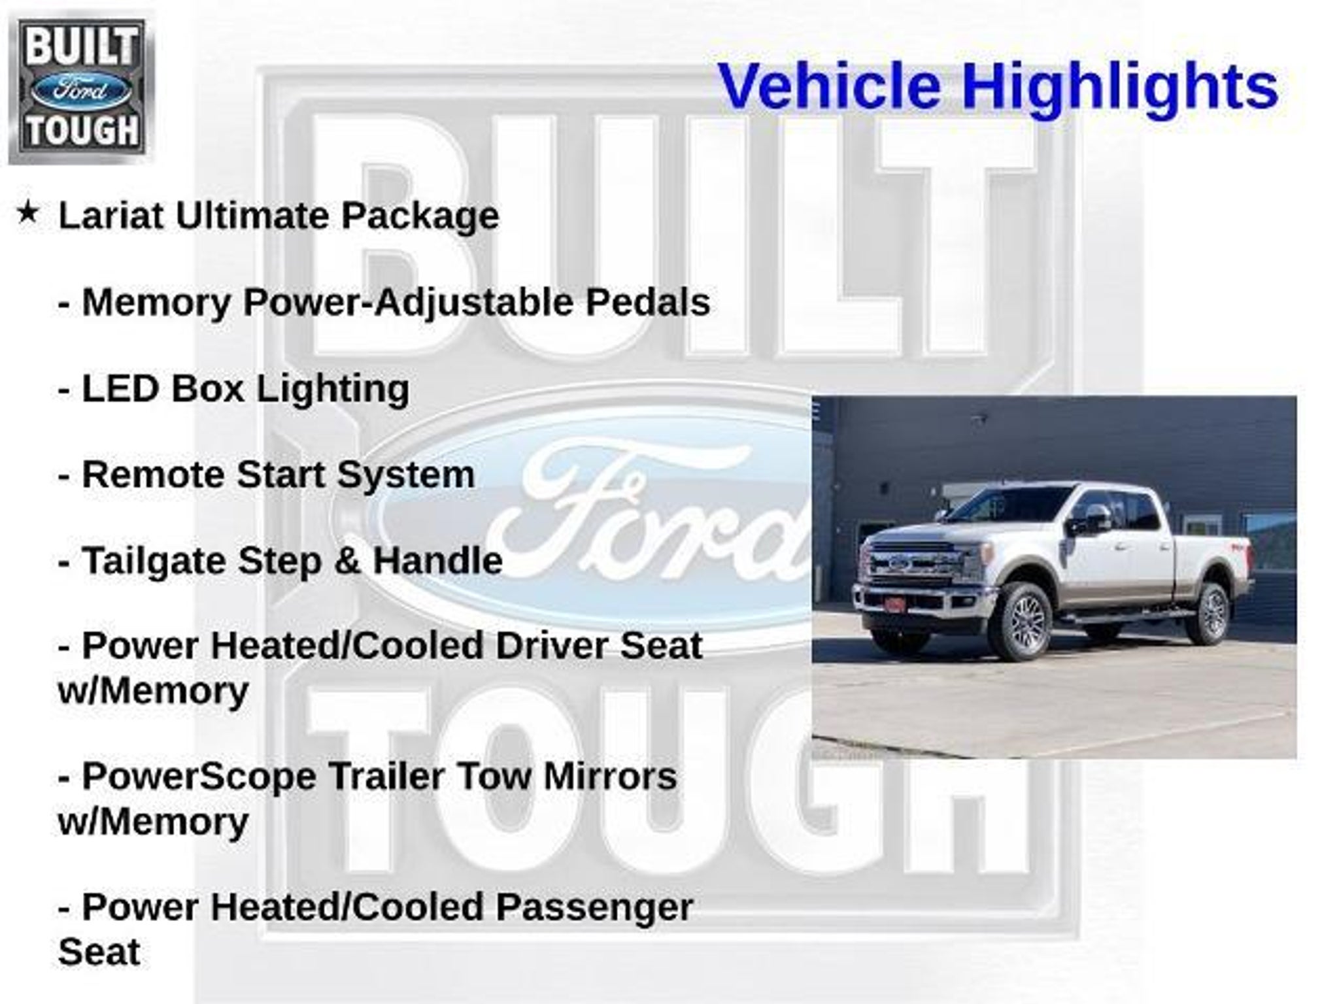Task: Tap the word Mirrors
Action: pos(610,777)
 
